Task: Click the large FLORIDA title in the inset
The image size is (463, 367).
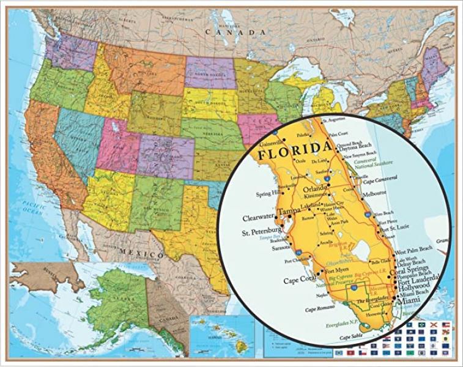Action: point(290,150)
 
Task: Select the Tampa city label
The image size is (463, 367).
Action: point(289,212)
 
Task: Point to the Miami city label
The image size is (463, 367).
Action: point(409,302)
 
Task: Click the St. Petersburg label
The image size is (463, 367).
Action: point(261,232)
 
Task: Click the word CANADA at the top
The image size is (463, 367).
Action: point(235,31)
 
